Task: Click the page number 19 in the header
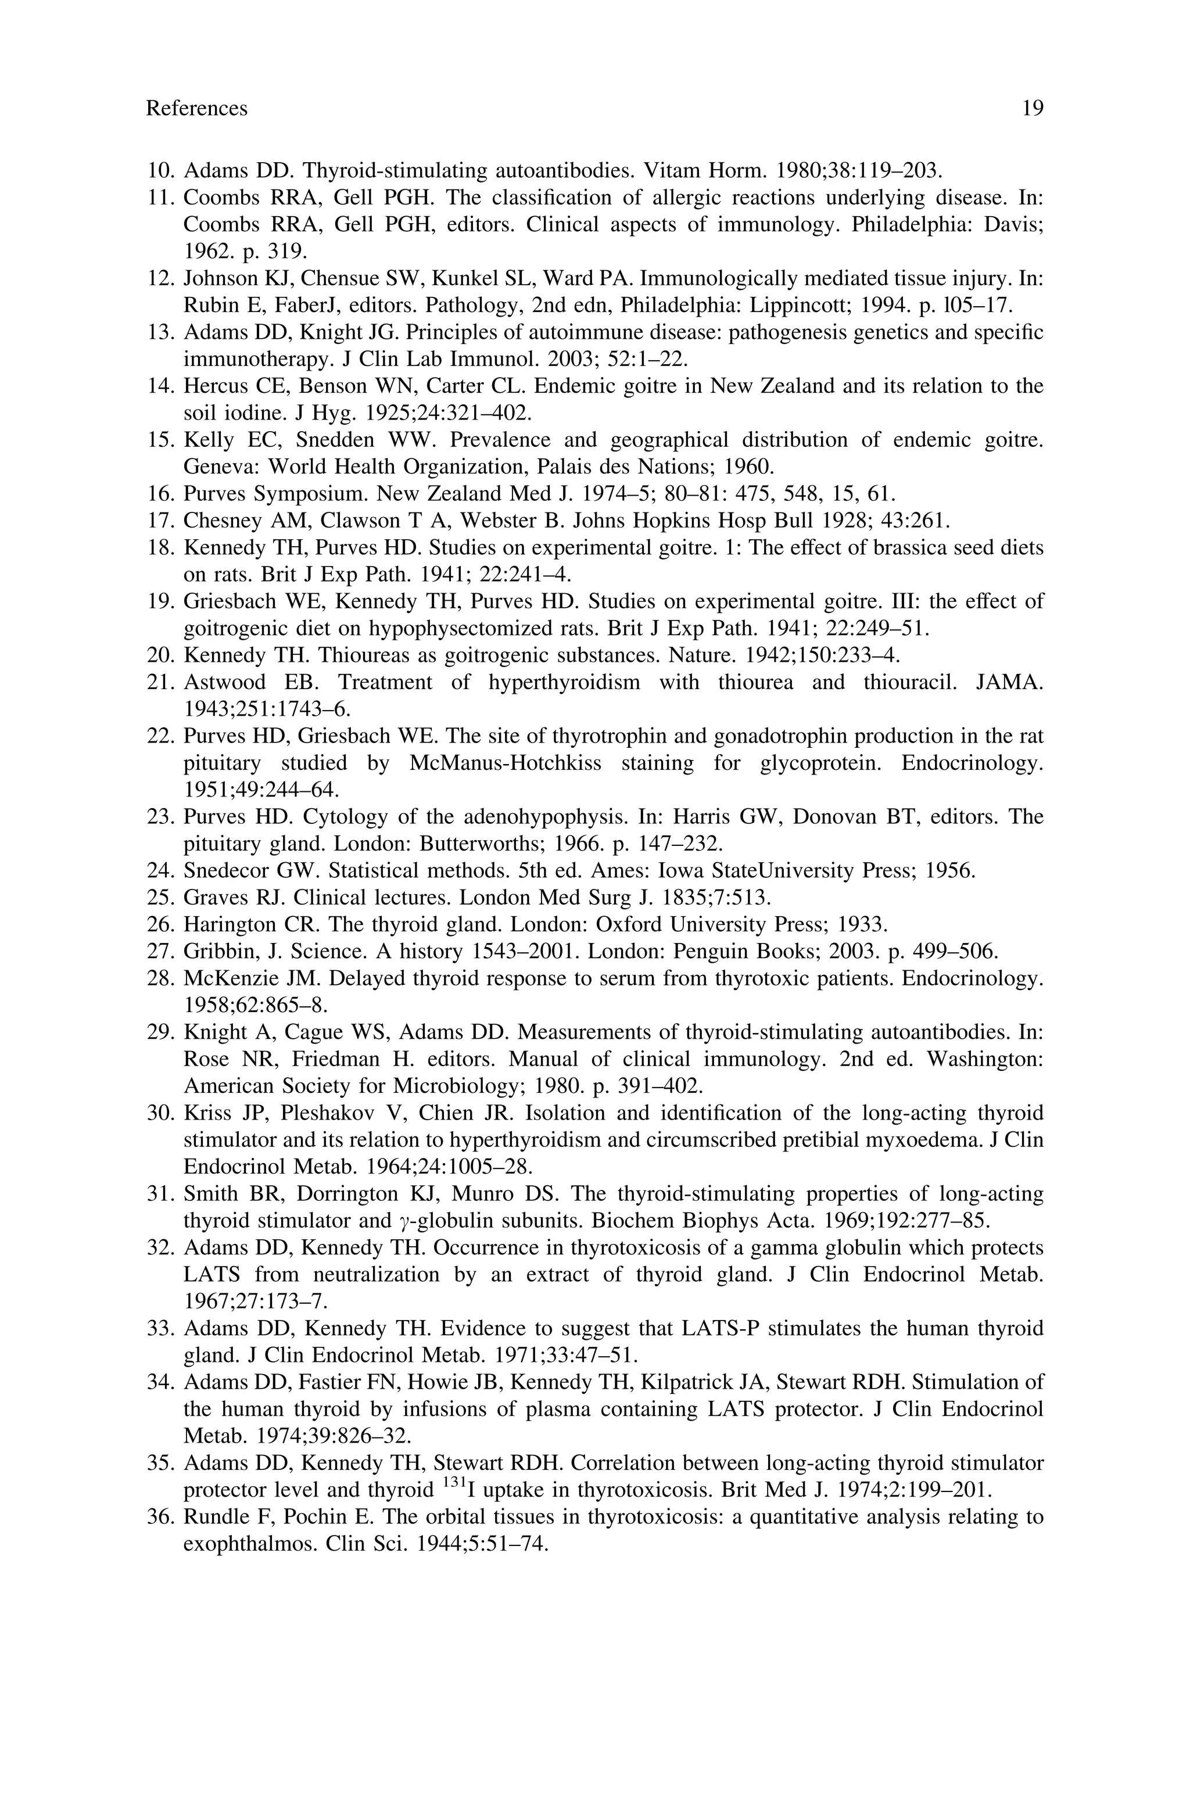pos(1032,109)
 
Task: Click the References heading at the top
pos(196,109)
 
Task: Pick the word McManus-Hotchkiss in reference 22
pos(505,763)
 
